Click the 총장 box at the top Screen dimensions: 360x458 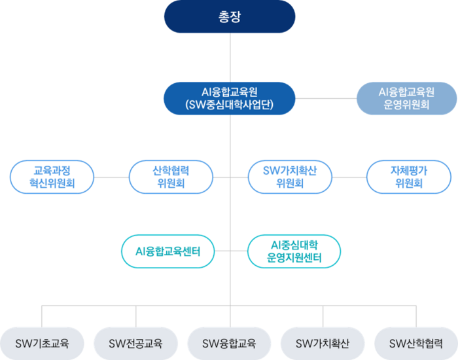coord(230,17)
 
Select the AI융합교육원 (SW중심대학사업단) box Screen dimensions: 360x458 coord(230,98)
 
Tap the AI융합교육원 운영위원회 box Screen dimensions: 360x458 coord(406,98)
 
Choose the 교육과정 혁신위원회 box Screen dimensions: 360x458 coord(52,177)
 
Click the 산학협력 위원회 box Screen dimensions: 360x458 coord(171,177)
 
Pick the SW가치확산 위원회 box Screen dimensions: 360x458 coord(289,177)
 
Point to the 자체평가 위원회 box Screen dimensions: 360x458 coord(409,177)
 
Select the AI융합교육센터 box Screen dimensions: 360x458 coord(167,251)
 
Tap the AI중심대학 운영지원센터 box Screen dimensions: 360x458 coord(294,251)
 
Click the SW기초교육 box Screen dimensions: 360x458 coord(42,343)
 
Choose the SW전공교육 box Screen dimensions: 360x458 coord(135,343)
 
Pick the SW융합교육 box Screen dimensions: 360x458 coord(229,343)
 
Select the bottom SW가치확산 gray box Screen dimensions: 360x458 coord(323,343)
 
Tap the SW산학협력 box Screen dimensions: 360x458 coord(415,343)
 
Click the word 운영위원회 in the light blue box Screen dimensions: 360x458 coord(406,105)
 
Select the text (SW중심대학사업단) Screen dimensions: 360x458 coord(230,105)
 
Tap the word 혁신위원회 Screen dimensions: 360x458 coord(52,184)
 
